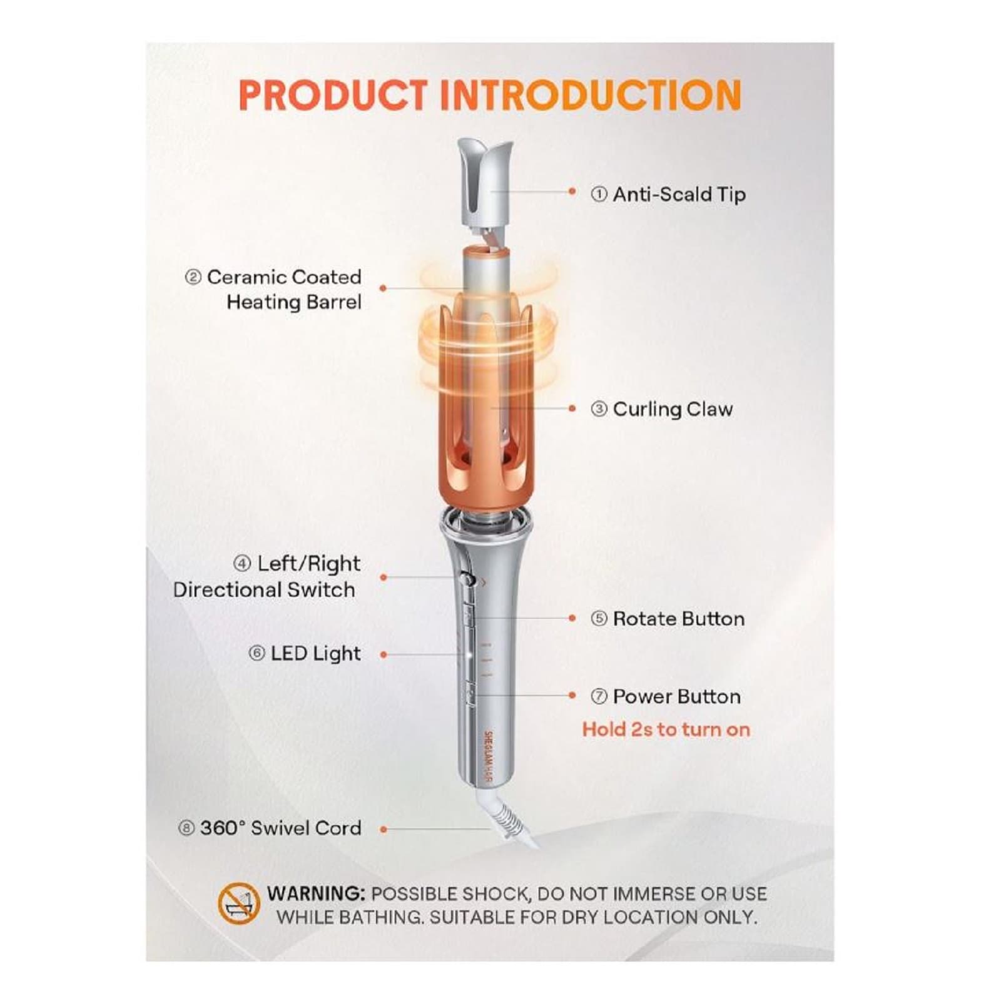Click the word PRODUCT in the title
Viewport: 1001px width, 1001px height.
(x=332, y=95)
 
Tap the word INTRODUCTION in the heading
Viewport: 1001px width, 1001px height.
(x=591, y=95)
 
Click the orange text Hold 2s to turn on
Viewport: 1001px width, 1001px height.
(x=666, y=729)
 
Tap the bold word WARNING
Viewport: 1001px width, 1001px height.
(x=315, y=893)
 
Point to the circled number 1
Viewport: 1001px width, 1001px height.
(x=599, y=195)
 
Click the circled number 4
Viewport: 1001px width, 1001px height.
(x=242, y=564)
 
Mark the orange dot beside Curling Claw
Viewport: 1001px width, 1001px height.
(x=572, y=409)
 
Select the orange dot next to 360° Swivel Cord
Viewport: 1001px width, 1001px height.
(x=384, y=829)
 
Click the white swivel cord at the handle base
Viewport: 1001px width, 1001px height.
(x=510, y=816)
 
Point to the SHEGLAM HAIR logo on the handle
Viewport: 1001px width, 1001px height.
(x=489, y=758)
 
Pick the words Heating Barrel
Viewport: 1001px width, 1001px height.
(x=293, y=302)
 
